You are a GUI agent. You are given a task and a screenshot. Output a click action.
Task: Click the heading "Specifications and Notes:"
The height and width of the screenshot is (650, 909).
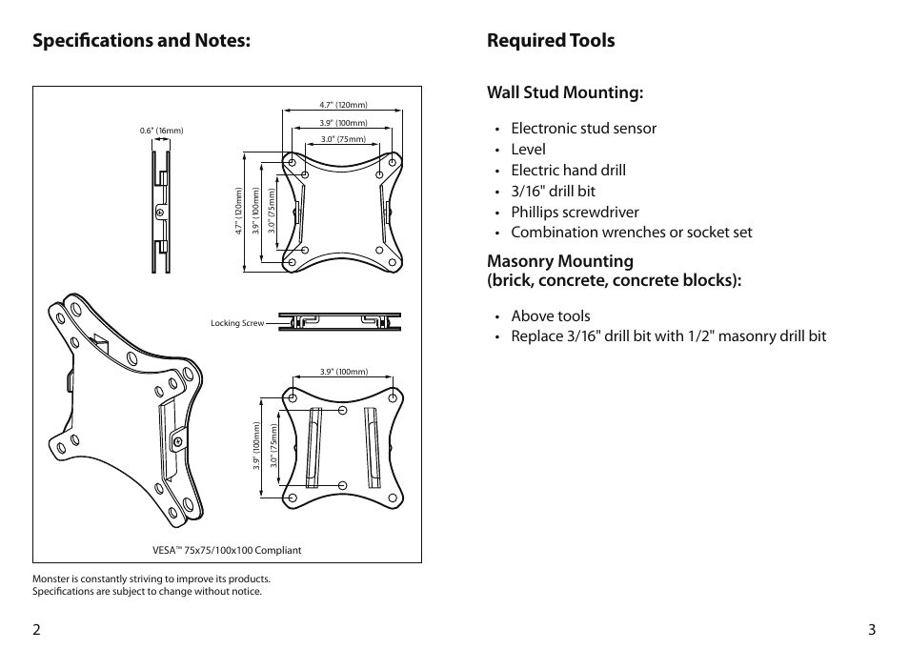[142, 41]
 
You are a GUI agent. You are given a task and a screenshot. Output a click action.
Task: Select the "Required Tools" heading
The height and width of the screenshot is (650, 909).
[551, 41]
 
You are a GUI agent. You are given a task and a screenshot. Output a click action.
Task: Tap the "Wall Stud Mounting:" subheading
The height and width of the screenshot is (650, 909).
[565, 92]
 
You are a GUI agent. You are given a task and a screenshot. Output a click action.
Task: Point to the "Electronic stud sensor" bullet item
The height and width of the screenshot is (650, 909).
[583, 129]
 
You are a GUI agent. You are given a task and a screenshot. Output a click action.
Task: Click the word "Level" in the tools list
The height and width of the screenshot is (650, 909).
[528, 150]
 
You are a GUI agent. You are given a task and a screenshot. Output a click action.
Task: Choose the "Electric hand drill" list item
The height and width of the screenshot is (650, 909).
[568, 171]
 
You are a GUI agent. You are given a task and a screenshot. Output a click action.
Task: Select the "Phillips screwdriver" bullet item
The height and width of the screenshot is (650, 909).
[575, 213]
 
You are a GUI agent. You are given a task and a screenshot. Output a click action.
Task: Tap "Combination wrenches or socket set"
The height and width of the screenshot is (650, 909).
[631, 233]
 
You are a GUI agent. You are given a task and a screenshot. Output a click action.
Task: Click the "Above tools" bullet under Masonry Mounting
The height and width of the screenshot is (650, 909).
[550, 316]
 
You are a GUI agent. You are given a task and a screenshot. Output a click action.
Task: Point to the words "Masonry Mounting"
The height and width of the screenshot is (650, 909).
[560, 261]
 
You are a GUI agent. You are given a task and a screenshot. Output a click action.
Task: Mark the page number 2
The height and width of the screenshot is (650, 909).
[36, 629]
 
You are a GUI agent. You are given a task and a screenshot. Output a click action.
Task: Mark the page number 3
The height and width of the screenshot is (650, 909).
[871, 629]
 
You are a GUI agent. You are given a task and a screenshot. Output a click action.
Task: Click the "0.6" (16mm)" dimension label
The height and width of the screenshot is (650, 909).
[161, 131]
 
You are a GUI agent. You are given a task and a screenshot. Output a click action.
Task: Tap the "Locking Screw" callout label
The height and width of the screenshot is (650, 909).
[237, 324]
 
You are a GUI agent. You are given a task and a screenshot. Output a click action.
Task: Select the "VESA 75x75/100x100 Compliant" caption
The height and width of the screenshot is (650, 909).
[227, 550]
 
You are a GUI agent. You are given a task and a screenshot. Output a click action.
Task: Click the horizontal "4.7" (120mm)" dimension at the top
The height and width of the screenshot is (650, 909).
[343, 105]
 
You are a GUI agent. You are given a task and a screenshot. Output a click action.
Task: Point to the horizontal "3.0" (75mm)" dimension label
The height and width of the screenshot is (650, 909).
[343, 139]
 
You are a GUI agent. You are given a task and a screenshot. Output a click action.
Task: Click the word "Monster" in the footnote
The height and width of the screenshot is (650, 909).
[52, 579]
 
